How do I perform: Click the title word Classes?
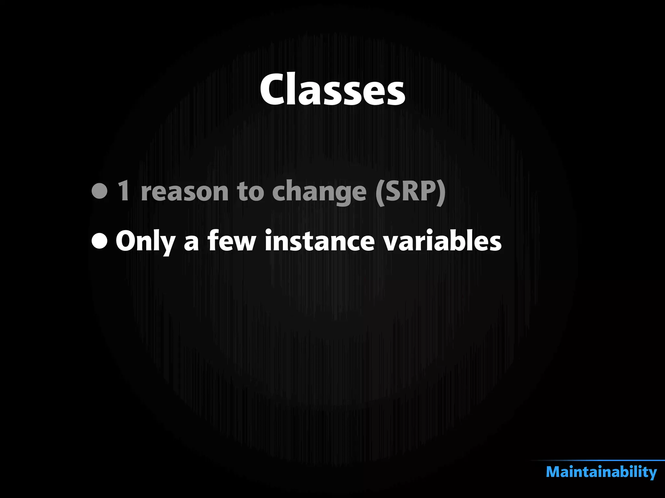click(x=332, y=89)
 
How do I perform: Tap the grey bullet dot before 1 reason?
click(x=99, y=191)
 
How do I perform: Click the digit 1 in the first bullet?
click(x=124, y=191)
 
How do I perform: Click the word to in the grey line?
click(x=250, y=191)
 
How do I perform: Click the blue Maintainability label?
click(x=601, y=472)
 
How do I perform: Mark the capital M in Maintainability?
click(x=554, y=472)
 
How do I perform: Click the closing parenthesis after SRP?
click(x=441, y=192)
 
